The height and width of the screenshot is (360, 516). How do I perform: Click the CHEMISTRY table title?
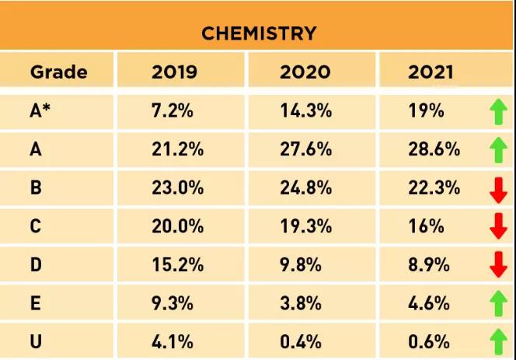tap(259, 33)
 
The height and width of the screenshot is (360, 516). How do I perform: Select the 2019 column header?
tap(174, 73)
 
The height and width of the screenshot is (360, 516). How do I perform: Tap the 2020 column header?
tap(305, 73)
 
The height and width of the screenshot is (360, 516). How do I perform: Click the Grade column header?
tap(58, 73)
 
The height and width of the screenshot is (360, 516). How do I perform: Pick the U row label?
tap(36, 341)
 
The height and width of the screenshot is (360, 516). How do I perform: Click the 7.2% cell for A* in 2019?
tap(172, 111)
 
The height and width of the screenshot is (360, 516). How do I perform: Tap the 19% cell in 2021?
tap(426, 111)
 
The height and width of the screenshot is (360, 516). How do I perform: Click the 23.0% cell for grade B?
tap(177, 188)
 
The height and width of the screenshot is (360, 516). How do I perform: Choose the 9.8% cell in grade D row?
tap(301, 265)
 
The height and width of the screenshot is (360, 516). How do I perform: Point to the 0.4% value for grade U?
tap(301, 341)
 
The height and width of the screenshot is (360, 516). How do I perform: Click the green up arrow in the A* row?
tap(498, 112)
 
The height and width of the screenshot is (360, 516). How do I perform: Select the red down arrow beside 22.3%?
tap(498, 189)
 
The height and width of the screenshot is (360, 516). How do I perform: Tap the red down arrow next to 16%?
tap(498, 227)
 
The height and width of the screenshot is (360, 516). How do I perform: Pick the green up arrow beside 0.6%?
tap(498, 342)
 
